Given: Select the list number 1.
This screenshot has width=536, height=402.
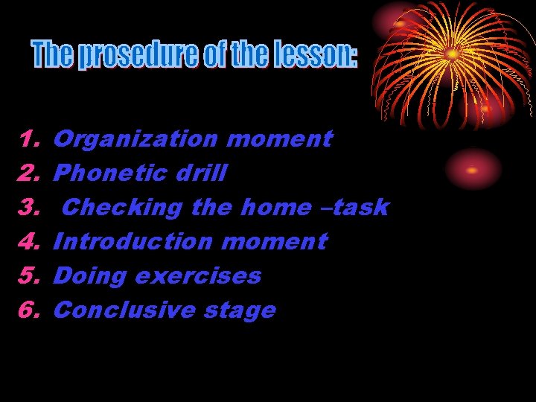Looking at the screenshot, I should coord(29,138).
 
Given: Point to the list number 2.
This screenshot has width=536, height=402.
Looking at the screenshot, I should coord(29,173).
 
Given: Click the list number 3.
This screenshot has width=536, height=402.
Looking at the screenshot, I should coord(29,207).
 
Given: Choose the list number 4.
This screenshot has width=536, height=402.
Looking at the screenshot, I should coord(29,241).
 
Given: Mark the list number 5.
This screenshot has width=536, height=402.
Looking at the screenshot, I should coord(29,275).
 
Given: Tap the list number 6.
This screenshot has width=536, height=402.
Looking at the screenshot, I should coord(29,310).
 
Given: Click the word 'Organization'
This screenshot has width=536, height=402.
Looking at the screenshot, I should coord(135,139).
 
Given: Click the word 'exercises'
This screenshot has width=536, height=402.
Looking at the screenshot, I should coord(197,276).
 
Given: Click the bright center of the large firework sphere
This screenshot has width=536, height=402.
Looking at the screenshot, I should coord(452,54).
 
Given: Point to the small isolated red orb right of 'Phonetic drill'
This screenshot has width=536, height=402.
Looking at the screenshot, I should coord(473,170).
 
